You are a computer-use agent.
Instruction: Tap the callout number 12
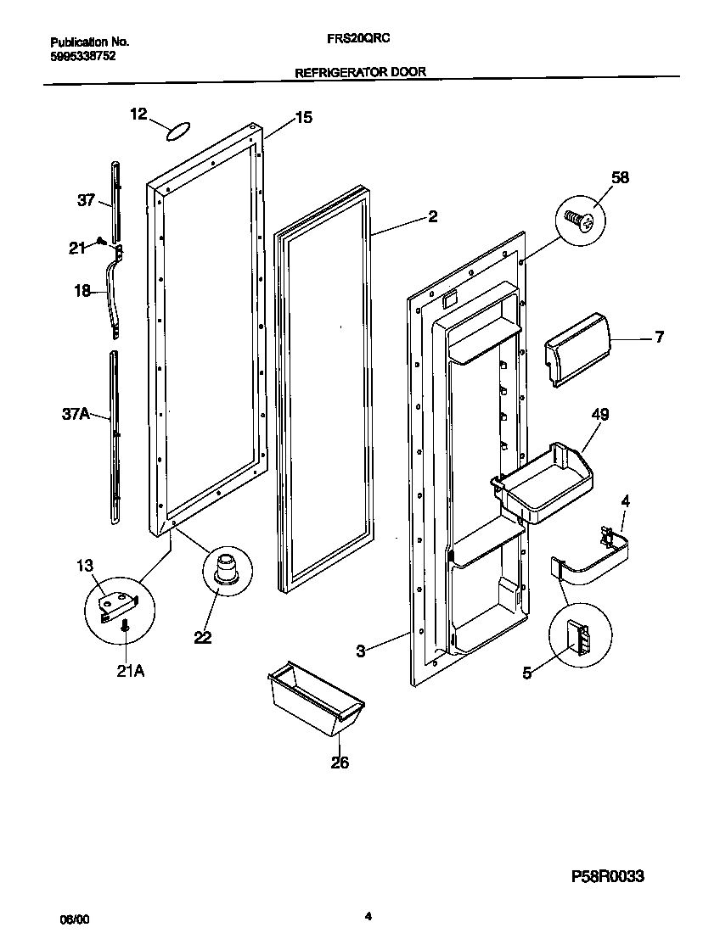(139, 114)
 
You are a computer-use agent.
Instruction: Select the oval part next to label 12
(178, 131)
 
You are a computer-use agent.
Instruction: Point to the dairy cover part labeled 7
(577, 348)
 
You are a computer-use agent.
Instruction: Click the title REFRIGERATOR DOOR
(360, 73)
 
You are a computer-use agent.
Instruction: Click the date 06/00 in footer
(74, 919)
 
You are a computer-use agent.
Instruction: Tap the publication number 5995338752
(82, 56)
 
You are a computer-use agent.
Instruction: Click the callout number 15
(302, 118)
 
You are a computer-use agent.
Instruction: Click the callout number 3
(361, 651)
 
